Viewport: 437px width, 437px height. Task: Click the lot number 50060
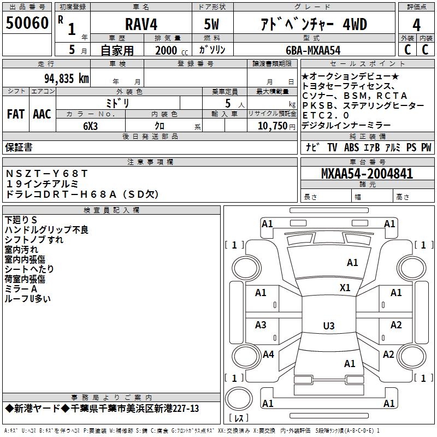[27, 23]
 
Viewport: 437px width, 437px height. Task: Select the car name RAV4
[141, 25]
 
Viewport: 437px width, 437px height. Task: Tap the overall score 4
[417, 25]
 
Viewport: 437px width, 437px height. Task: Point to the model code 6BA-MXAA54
[313, 50]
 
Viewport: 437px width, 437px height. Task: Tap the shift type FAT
[15, 114]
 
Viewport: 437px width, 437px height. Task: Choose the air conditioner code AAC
[42, 114]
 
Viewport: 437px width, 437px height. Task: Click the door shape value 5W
[212, 25]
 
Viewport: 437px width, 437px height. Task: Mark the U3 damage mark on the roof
[328, 326]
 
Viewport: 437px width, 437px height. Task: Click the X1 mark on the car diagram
[345, 288]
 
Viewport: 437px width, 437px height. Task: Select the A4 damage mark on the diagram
[268, 355]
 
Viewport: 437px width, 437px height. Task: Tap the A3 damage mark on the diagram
[261, 325]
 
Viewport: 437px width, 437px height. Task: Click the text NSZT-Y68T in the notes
[46, 173]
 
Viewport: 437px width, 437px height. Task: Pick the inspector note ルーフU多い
[28, 299]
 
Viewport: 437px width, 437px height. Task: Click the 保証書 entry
[19, 147]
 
